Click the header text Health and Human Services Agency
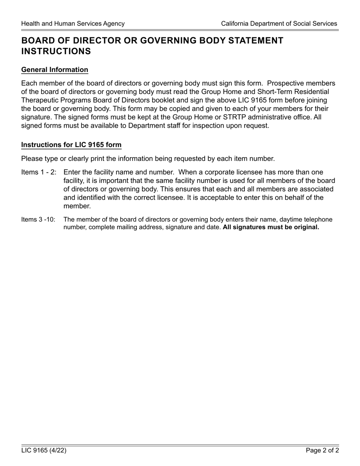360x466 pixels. point(73,23)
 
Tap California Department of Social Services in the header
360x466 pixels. point(279,23)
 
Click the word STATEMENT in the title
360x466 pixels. point(255,41)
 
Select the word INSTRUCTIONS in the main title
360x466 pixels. point(56,51)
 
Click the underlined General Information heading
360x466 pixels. point(55,70)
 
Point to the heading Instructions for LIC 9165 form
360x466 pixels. point(71,145)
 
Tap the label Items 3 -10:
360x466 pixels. point(38,220)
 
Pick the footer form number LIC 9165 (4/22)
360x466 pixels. point(44,450)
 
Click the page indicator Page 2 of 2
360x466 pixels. point(322,450)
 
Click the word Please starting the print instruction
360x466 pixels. point(31,158)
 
